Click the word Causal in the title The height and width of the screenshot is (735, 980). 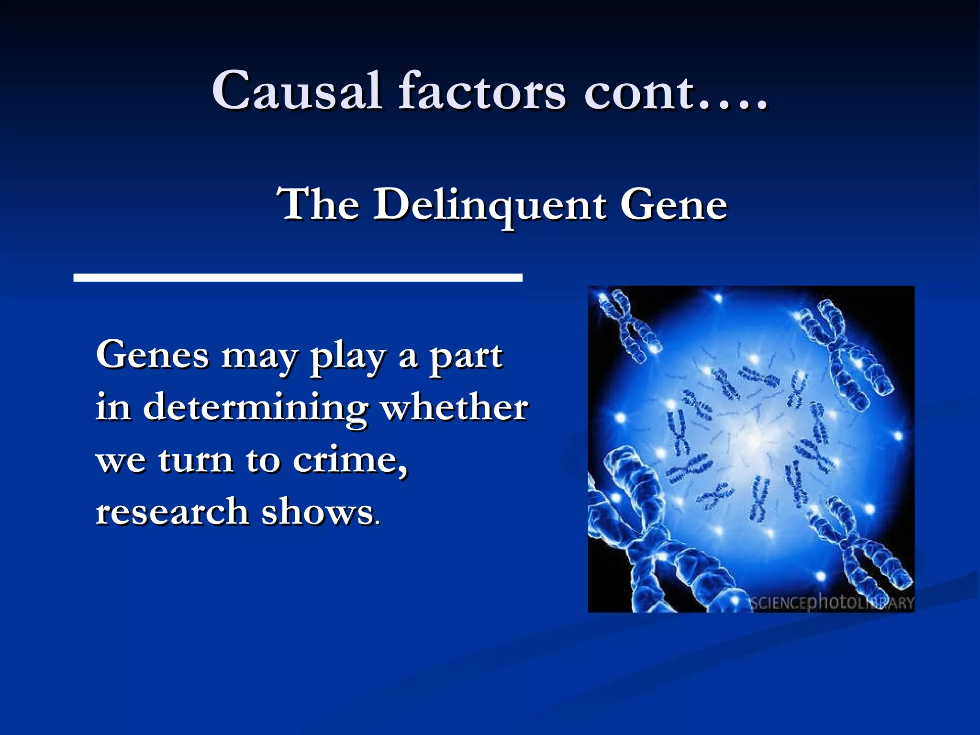[296, 90]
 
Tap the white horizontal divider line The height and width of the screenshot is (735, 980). [298, 278]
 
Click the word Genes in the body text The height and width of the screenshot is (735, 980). [153, 355]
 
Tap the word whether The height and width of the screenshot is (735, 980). [454, 408]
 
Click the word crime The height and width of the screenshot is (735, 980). [349, 460]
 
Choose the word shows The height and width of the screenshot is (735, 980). [317, 512]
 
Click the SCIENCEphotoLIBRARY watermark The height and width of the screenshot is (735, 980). [832, 602]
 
